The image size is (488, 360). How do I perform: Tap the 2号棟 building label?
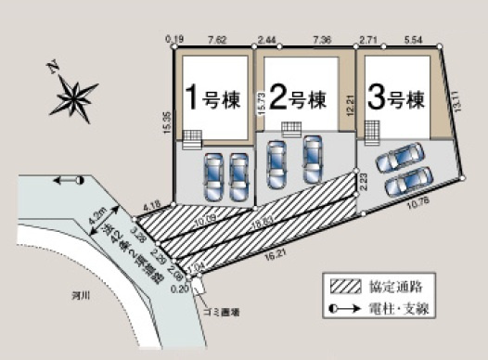[x=299, y=97]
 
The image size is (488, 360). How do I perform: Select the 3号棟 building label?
[x=396, y=96]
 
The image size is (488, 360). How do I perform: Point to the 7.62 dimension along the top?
[x=218, y=41]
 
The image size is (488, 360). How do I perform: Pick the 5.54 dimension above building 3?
[x=414, y=41]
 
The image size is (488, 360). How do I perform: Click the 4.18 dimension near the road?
[x=152, y=204]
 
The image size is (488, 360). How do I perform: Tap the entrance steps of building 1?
[x=192, y=138]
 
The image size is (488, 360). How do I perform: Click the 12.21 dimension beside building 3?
[x=350, y=101]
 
